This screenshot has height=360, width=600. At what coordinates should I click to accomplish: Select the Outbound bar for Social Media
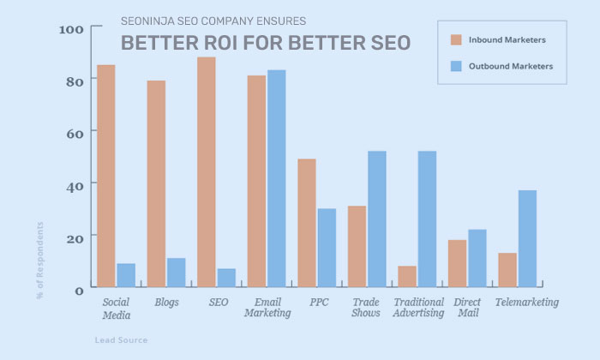coord(126,275)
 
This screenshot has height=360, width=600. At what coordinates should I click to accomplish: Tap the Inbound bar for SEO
coord(207,171)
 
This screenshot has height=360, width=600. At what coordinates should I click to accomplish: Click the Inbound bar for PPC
coord(307,223)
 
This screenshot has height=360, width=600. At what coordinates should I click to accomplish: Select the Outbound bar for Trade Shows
coord(377,219)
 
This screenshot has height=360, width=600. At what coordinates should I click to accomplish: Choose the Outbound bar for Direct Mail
coord(477,258)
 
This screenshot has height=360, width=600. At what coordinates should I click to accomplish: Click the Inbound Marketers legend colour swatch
coord(456,39)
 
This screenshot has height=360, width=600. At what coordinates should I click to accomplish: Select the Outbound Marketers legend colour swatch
coord(456,65)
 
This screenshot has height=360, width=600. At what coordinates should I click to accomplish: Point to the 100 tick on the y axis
coord(71,30)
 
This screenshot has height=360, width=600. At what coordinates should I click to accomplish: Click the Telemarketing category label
coord(527,302)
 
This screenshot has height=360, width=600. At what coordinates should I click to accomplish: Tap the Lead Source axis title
coord(121,340)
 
